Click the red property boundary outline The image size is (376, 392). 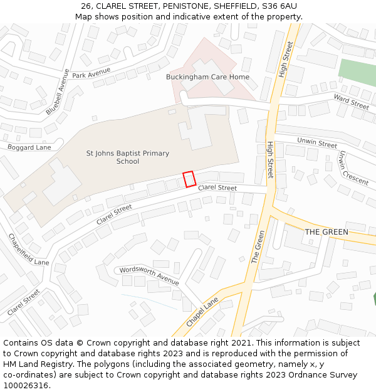tap(189, 179)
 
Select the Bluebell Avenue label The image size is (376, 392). tap(58, 92)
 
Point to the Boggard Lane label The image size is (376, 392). tap(29, 147)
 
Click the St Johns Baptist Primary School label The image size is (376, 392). tap(127, 157)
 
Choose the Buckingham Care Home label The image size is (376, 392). tap(207, 77)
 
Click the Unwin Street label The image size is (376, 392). tap(316, 142)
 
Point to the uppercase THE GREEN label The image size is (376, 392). tap(326, 232)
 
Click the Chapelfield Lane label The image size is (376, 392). tap(28, 250)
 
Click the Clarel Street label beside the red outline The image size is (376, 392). tap(217, 188)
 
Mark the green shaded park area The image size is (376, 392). tap(358, 73)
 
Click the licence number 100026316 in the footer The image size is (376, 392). tap(26, 386)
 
